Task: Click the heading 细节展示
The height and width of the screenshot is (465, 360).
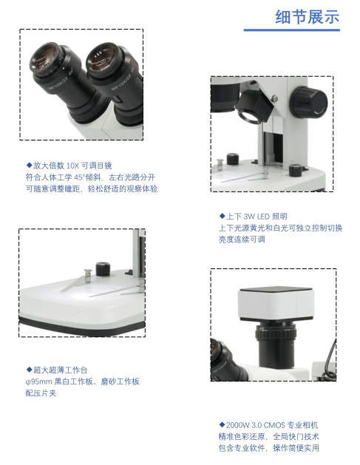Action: click(x=308, y=16)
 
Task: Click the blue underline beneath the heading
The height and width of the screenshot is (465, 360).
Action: click(x=292, y=30)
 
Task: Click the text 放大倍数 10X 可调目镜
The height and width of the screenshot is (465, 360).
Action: click(x=72, y=166)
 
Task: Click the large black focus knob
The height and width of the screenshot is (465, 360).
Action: click(x=309, y=102)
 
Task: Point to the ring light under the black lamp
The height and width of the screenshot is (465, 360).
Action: click(x=250, y=116)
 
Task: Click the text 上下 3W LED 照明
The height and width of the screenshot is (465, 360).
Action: click(x=257, y=216)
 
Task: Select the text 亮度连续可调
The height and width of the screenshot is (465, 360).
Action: click(x=242, y=240)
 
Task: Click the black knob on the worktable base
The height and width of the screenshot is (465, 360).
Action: click(x=103, y=269)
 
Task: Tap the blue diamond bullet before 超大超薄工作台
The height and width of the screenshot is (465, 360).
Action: click(x=29, y=370)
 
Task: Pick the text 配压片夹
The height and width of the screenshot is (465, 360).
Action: click(x=41, y=393)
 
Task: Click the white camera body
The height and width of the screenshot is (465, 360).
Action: click(x=276, y=304)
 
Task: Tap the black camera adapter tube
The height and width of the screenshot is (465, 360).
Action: click(x=276, y=345)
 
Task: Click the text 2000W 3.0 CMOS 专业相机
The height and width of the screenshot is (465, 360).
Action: click(x=272, y=425)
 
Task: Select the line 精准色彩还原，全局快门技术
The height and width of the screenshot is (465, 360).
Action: click(x=268, y=436)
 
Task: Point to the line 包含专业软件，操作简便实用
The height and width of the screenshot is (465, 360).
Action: click(x=268, y=448)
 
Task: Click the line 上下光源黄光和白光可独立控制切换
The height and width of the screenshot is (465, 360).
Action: click(x=280, y=228)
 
